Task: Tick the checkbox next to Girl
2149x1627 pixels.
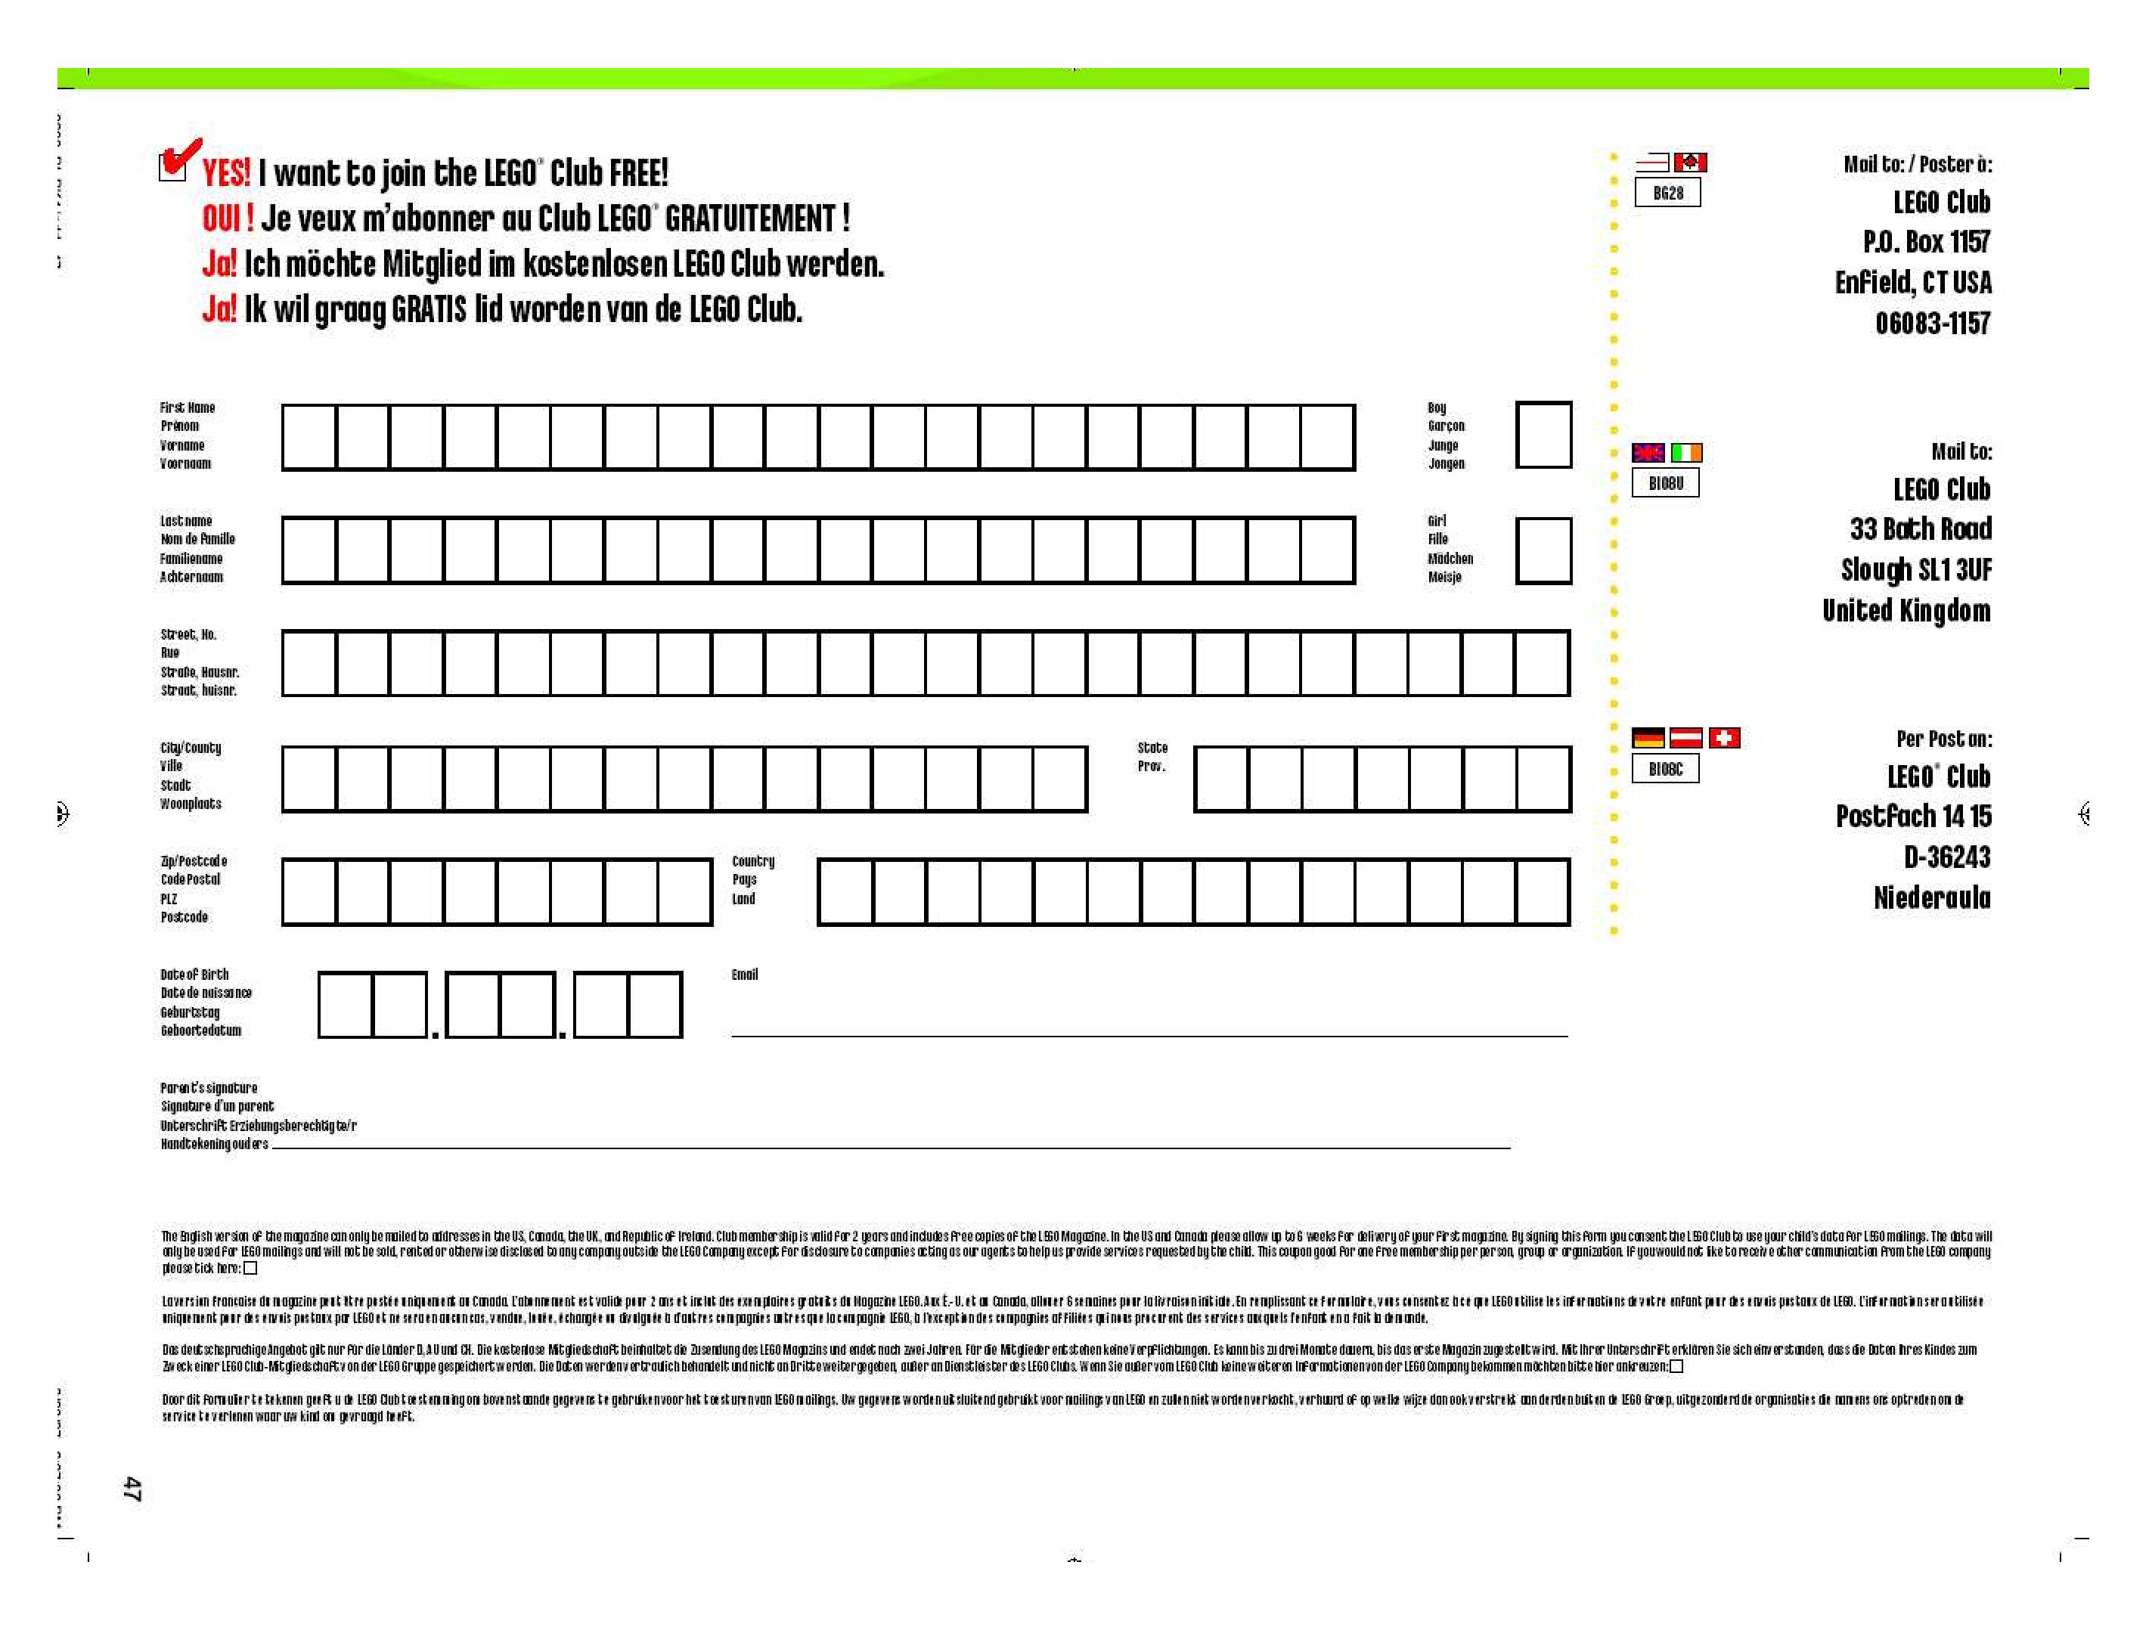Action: pyautogui.click(x=1543, y=550)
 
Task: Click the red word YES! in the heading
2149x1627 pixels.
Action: pyautogui.click(x=226, y=174)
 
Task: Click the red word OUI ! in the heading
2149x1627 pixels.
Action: pyautogui.click(x=228, y=218)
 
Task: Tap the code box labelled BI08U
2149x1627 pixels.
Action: pyautogui.click(x=1665, y=483)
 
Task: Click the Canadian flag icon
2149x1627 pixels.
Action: pyautogui.click(x=1691, y=163)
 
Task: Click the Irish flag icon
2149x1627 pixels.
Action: pyautogui.click(x=1686, y=453)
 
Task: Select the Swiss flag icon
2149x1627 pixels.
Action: pyautogui.click(x=1725, y=738)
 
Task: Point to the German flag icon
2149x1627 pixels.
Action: pyautogui.click(x=1648, y=738)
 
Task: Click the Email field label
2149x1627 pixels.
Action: pyautogui.click(x=744, y=975)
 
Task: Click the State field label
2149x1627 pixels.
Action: pyautogui.click(x=1152, y=748)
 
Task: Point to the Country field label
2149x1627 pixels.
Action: pyautogui.click(x=753, y=862)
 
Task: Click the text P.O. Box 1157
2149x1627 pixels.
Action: pyautogui.click(x=1925, y=242)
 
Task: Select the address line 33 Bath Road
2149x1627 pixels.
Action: pyautogui.click(x=1920, y=529)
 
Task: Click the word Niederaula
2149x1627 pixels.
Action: pyautogui.click(x=1931, y=898)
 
